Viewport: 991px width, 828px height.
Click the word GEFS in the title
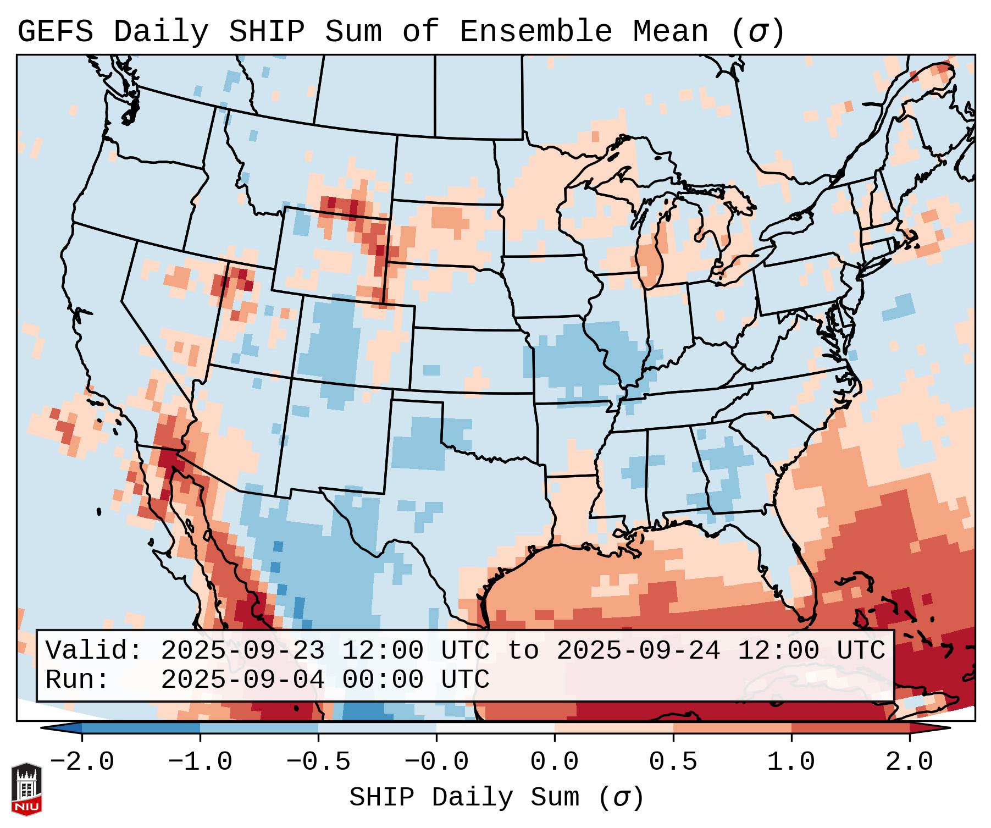56,32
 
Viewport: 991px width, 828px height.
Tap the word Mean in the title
670,32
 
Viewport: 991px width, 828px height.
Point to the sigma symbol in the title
757,32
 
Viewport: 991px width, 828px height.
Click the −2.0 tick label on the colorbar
82,762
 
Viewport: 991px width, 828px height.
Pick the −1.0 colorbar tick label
200,762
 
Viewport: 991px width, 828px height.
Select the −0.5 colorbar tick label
318,762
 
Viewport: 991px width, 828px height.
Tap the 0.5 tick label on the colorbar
673,762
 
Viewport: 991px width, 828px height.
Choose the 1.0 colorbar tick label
791,762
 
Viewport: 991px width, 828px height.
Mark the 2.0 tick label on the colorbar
909,762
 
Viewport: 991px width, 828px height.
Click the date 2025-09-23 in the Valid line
242,651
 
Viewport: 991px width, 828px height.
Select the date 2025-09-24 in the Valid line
638,651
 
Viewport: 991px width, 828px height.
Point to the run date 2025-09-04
242,680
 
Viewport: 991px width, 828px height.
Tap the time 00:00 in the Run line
383,680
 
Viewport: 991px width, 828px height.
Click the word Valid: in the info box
94,651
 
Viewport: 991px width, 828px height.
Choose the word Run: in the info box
77,680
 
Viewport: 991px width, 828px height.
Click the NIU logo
26,789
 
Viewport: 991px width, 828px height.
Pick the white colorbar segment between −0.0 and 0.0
495,728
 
